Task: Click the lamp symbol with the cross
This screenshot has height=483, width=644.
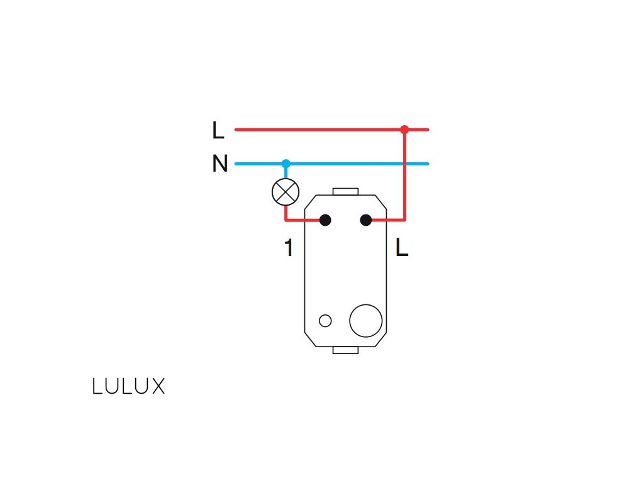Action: click(286, 192)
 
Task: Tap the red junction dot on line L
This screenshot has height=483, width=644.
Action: click(404, 130)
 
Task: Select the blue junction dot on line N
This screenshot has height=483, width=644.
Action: click(286, 164)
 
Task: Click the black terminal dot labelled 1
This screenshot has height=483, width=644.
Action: click(325, 220)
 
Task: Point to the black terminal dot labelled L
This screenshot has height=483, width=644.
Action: click(365, 220)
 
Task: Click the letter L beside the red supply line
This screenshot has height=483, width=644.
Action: click(218, 131)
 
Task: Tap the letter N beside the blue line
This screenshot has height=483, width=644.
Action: click(219, 164)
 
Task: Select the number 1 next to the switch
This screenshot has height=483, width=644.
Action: click(289, 248)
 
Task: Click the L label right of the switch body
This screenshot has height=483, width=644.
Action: click(402, 248)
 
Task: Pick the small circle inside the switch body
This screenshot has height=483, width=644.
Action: click(325, 321)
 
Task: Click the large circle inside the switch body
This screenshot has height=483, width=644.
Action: click(365, 320)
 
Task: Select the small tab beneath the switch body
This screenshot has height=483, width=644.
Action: click(345, 350)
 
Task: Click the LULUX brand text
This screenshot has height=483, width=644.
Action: click(128, 386)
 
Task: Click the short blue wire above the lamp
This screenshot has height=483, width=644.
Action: click(286, 172)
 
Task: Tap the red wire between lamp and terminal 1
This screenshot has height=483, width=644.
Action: click(302, 220)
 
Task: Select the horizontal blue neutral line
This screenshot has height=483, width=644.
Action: click(352, 164)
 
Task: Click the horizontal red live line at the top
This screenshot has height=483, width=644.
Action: click(314, 130)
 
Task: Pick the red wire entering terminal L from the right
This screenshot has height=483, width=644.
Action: click(387, 220)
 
